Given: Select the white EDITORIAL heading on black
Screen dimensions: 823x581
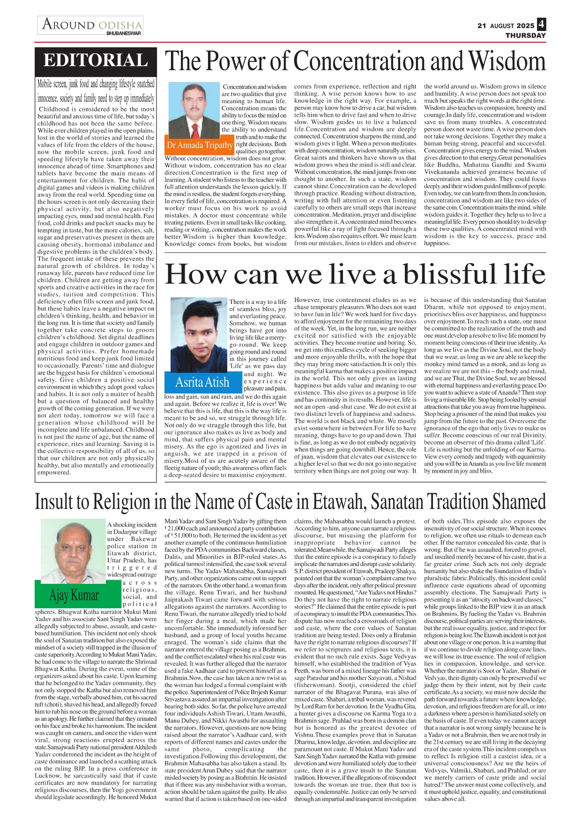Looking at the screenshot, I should pyautogui.click(x=96, y=61).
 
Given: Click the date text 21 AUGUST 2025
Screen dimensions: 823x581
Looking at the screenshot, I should pyautogui.click(x=506, y=26).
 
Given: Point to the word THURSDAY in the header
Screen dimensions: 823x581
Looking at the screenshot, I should pyautogui.click(x=525, y=35).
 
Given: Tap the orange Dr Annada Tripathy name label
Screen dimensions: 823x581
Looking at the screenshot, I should pyautogui.click(x=200, y=145).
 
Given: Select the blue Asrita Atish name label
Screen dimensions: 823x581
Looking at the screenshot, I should pyautogui.click(x=202, y=382).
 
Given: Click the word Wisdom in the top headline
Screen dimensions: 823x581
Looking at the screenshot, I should pyautogui.click(x=507, y=61).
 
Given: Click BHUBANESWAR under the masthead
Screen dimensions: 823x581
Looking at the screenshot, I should pyautogui.click(x=123, y=33).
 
